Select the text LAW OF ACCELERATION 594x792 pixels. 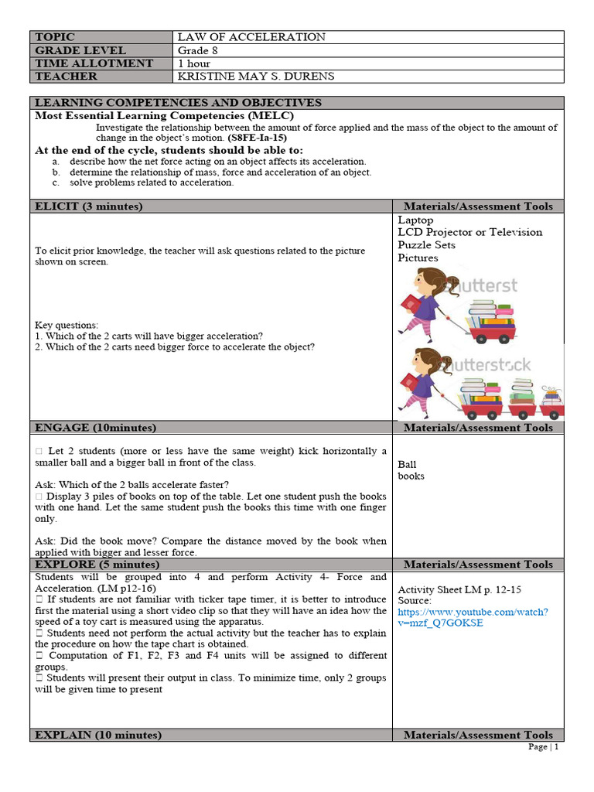(x=251, y=37)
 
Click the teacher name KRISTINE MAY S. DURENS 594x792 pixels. (x=255, y=77)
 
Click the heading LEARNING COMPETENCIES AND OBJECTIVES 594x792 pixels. (x=178, y=103)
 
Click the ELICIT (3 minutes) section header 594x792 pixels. (x=88, y=207)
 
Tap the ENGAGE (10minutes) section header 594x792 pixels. (x=95, y=428)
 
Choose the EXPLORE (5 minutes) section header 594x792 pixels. (x=97, y=565)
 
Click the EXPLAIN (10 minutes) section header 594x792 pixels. (x=98, y=736)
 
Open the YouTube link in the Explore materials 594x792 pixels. (x=473, y=617)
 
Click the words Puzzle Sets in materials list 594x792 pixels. (x=426, y=245)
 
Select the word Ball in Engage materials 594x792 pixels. (x=407, y=465)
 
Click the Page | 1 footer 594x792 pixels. (x=543, y=747)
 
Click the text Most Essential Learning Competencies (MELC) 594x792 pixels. (x=164, y=115)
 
